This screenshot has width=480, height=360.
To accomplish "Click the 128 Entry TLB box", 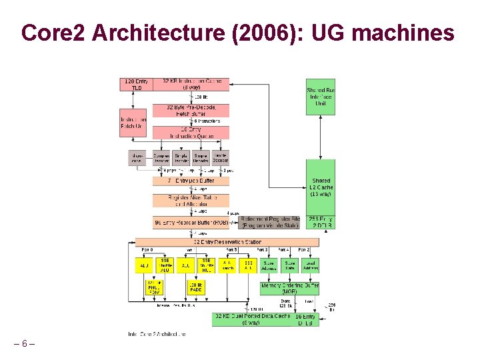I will coord(136,84).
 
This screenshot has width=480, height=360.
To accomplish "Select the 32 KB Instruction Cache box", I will coord(191,84).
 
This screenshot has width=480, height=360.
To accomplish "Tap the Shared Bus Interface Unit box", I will coord(321,97).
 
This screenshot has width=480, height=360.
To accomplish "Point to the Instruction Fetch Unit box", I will coord(133,123).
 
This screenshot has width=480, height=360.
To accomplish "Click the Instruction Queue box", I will coord(191,132).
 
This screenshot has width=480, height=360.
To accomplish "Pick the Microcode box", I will coord(137,158).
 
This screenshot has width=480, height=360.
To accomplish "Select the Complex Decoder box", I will coord(161,158).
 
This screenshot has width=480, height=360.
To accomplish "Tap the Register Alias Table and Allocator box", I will coord(191,201).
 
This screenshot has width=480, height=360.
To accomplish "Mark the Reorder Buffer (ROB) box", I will coord(191,222).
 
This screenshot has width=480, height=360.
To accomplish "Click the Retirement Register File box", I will coord(270,222).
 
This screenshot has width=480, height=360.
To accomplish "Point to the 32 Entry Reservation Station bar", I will coord(227,242).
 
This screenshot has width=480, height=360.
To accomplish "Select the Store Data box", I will coord(289,265).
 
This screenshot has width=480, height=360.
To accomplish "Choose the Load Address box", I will coord(310,265).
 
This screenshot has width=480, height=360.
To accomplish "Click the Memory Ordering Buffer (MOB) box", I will coord(289,288).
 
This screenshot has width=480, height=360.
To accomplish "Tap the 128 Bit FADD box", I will coord(196,288).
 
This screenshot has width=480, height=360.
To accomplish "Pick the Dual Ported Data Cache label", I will coord(253,319).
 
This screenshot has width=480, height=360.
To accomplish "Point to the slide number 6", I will coord(24,343).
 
